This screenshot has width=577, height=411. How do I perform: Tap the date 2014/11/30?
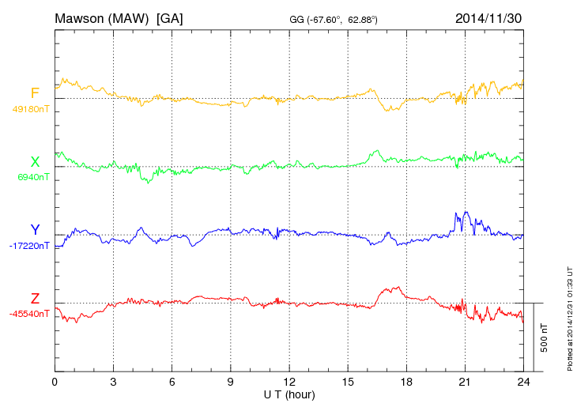tap(488, 17)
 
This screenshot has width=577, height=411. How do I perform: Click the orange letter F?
tap(35, 93)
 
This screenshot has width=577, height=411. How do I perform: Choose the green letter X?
tap(35, 162)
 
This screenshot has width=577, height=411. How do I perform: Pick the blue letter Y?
tap(35, 230)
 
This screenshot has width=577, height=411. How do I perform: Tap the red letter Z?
tap(35, 298)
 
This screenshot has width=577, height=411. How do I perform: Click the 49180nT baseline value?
tap(30, 109)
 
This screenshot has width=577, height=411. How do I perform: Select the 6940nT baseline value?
tap(33, 177)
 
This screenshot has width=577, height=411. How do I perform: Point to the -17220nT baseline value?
tap(30, 246)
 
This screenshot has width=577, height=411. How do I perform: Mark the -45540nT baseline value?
tap(30, 314)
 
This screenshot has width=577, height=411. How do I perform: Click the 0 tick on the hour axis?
tap(55, 383)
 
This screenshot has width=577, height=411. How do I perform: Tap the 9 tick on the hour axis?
tap(230, 383)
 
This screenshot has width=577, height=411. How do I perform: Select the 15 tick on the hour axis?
tap(347, 383)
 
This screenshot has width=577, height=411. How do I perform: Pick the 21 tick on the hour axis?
tap(464, 383)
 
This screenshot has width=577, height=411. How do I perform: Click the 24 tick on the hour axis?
tap(522, 383)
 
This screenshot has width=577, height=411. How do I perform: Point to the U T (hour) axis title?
tap(288, 394)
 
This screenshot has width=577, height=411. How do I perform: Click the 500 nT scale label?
tap(544, 337)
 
